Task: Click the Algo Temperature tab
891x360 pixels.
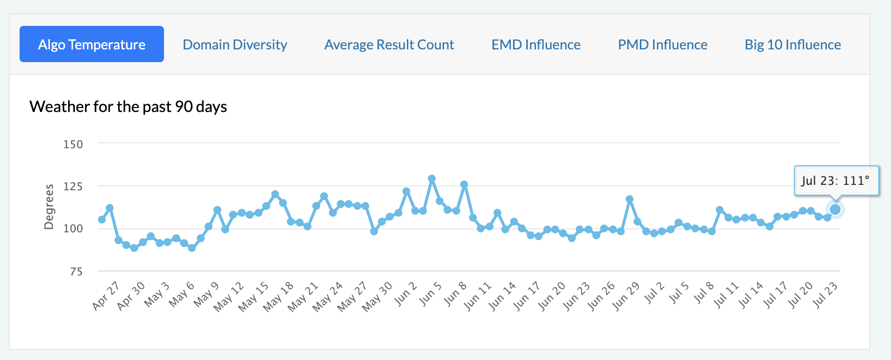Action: click(92, 45)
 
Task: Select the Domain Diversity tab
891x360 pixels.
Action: click(234, 45)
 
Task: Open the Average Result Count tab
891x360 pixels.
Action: click(389, 45)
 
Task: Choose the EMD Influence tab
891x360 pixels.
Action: click(536, 45)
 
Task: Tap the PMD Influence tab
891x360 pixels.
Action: click(662, 45)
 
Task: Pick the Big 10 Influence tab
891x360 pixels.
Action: click(793, 45)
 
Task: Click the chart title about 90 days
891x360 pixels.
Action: click(128, 107)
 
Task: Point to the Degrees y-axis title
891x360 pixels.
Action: click(48, 206)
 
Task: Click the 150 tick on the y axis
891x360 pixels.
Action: click(73, 144)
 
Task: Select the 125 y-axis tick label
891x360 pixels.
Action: click(73, 186)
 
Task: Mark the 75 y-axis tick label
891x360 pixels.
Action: click(76, 271)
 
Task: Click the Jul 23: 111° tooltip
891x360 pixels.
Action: click(836, 180)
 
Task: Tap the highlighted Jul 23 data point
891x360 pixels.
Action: click(835, 209)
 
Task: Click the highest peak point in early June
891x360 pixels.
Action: click(432, 179)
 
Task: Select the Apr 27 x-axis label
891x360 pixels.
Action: click(106, 296)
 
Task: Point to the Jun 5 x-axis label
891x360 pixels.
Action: click(431, 294)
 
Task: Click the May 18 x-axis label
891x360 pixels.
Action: click(278, 296)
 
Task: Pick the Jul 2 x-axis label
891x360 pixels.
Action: click(655, 293)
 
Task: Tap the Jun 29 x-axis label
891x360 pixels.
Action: click(626, 296)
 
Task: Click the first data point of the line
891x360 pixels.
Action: click(102, 220)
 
